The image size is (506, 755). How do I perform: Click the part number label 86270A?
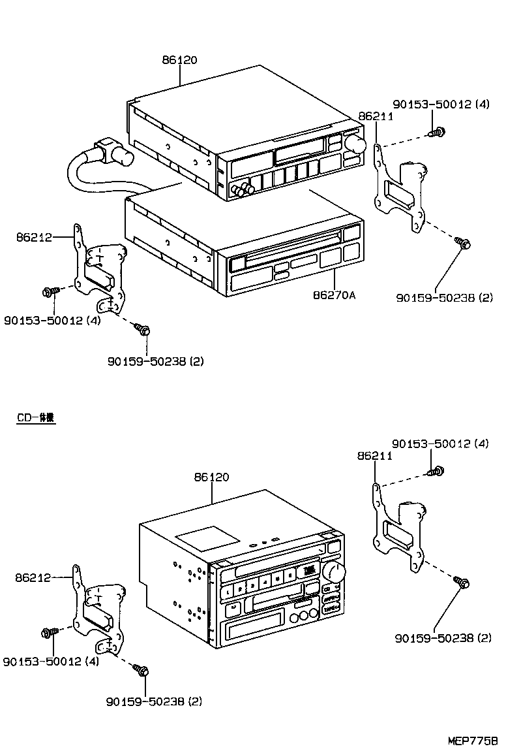point(334,295)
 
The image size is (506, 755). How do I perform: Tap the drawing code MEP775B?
point(473,741)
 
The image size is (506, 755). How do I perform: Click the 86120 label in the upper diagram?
point(180,60)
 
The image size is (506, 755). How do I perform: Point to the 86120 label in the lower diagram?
point(211,477)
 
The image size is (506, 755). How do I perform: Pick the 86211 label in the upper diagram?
point(375,116)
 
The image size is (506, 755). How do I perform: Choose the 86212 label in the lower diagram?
point(34,577)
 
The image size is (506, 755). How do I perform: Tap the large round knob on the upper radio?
point(355,143)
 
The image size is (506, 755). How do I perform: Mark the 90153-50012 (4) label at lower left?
point(51,661)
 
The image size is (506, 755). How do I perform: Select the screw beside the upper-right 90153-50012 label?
point(436,132)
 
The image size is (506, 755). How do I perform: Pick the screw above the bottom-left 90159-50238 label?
point(142,670)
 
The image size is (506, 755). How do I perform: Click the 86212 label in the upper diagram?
point(34,238)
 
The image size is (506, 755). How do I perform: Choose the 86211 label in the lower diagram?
point(375,456)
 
